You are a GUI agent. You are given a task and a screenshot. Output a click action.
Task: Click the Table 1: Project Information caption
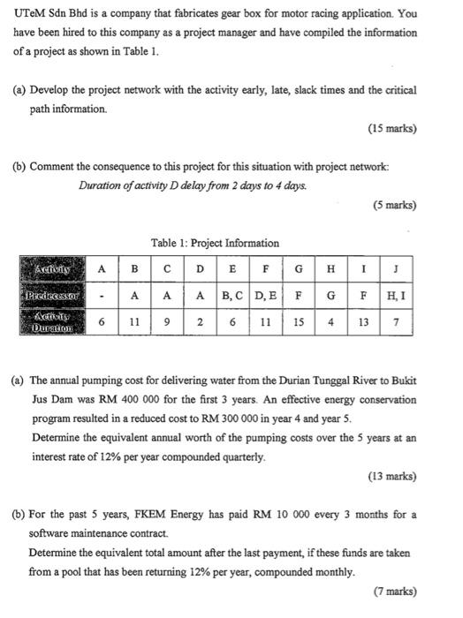[216, 243]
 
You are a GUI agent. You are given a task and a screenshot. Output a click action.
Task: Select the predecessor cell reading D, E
[266, 293]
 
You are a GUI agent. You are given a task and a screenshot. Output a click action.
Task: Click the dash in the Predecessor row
[102, 293]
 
